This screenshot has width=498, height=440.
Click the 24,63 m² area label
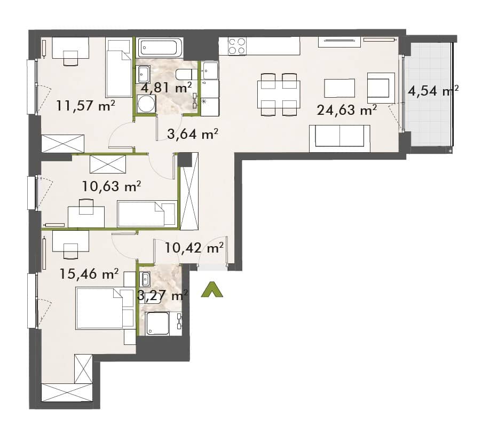[x=347, y=110]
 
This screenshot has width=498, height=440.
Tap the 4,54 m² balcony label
[x=433, y=91]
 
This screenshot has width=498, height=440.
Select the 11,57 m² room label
[x=85, y=105]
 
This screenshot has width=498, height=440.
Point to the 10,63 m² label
[x=112, y=186]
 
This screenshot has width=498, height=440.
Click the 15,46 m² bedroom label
[x=89, y=273]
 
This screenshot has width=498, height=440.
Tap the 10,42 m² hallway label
[x=194, y=247]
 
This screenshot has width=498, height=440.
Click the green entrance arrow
[x=212, y=290]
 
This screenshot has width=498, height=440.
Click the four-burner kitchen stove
[x=237, y=46]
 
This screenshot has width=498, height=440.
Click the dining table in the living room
[x=279, y=95]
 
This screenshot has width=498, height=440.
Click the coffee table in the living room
[x=339, y=88]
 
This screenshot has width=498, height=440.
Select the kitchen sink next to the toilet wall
[x=210, y=70]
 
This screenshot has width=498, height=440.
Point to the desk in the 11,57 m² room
[x=70, y=48]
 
